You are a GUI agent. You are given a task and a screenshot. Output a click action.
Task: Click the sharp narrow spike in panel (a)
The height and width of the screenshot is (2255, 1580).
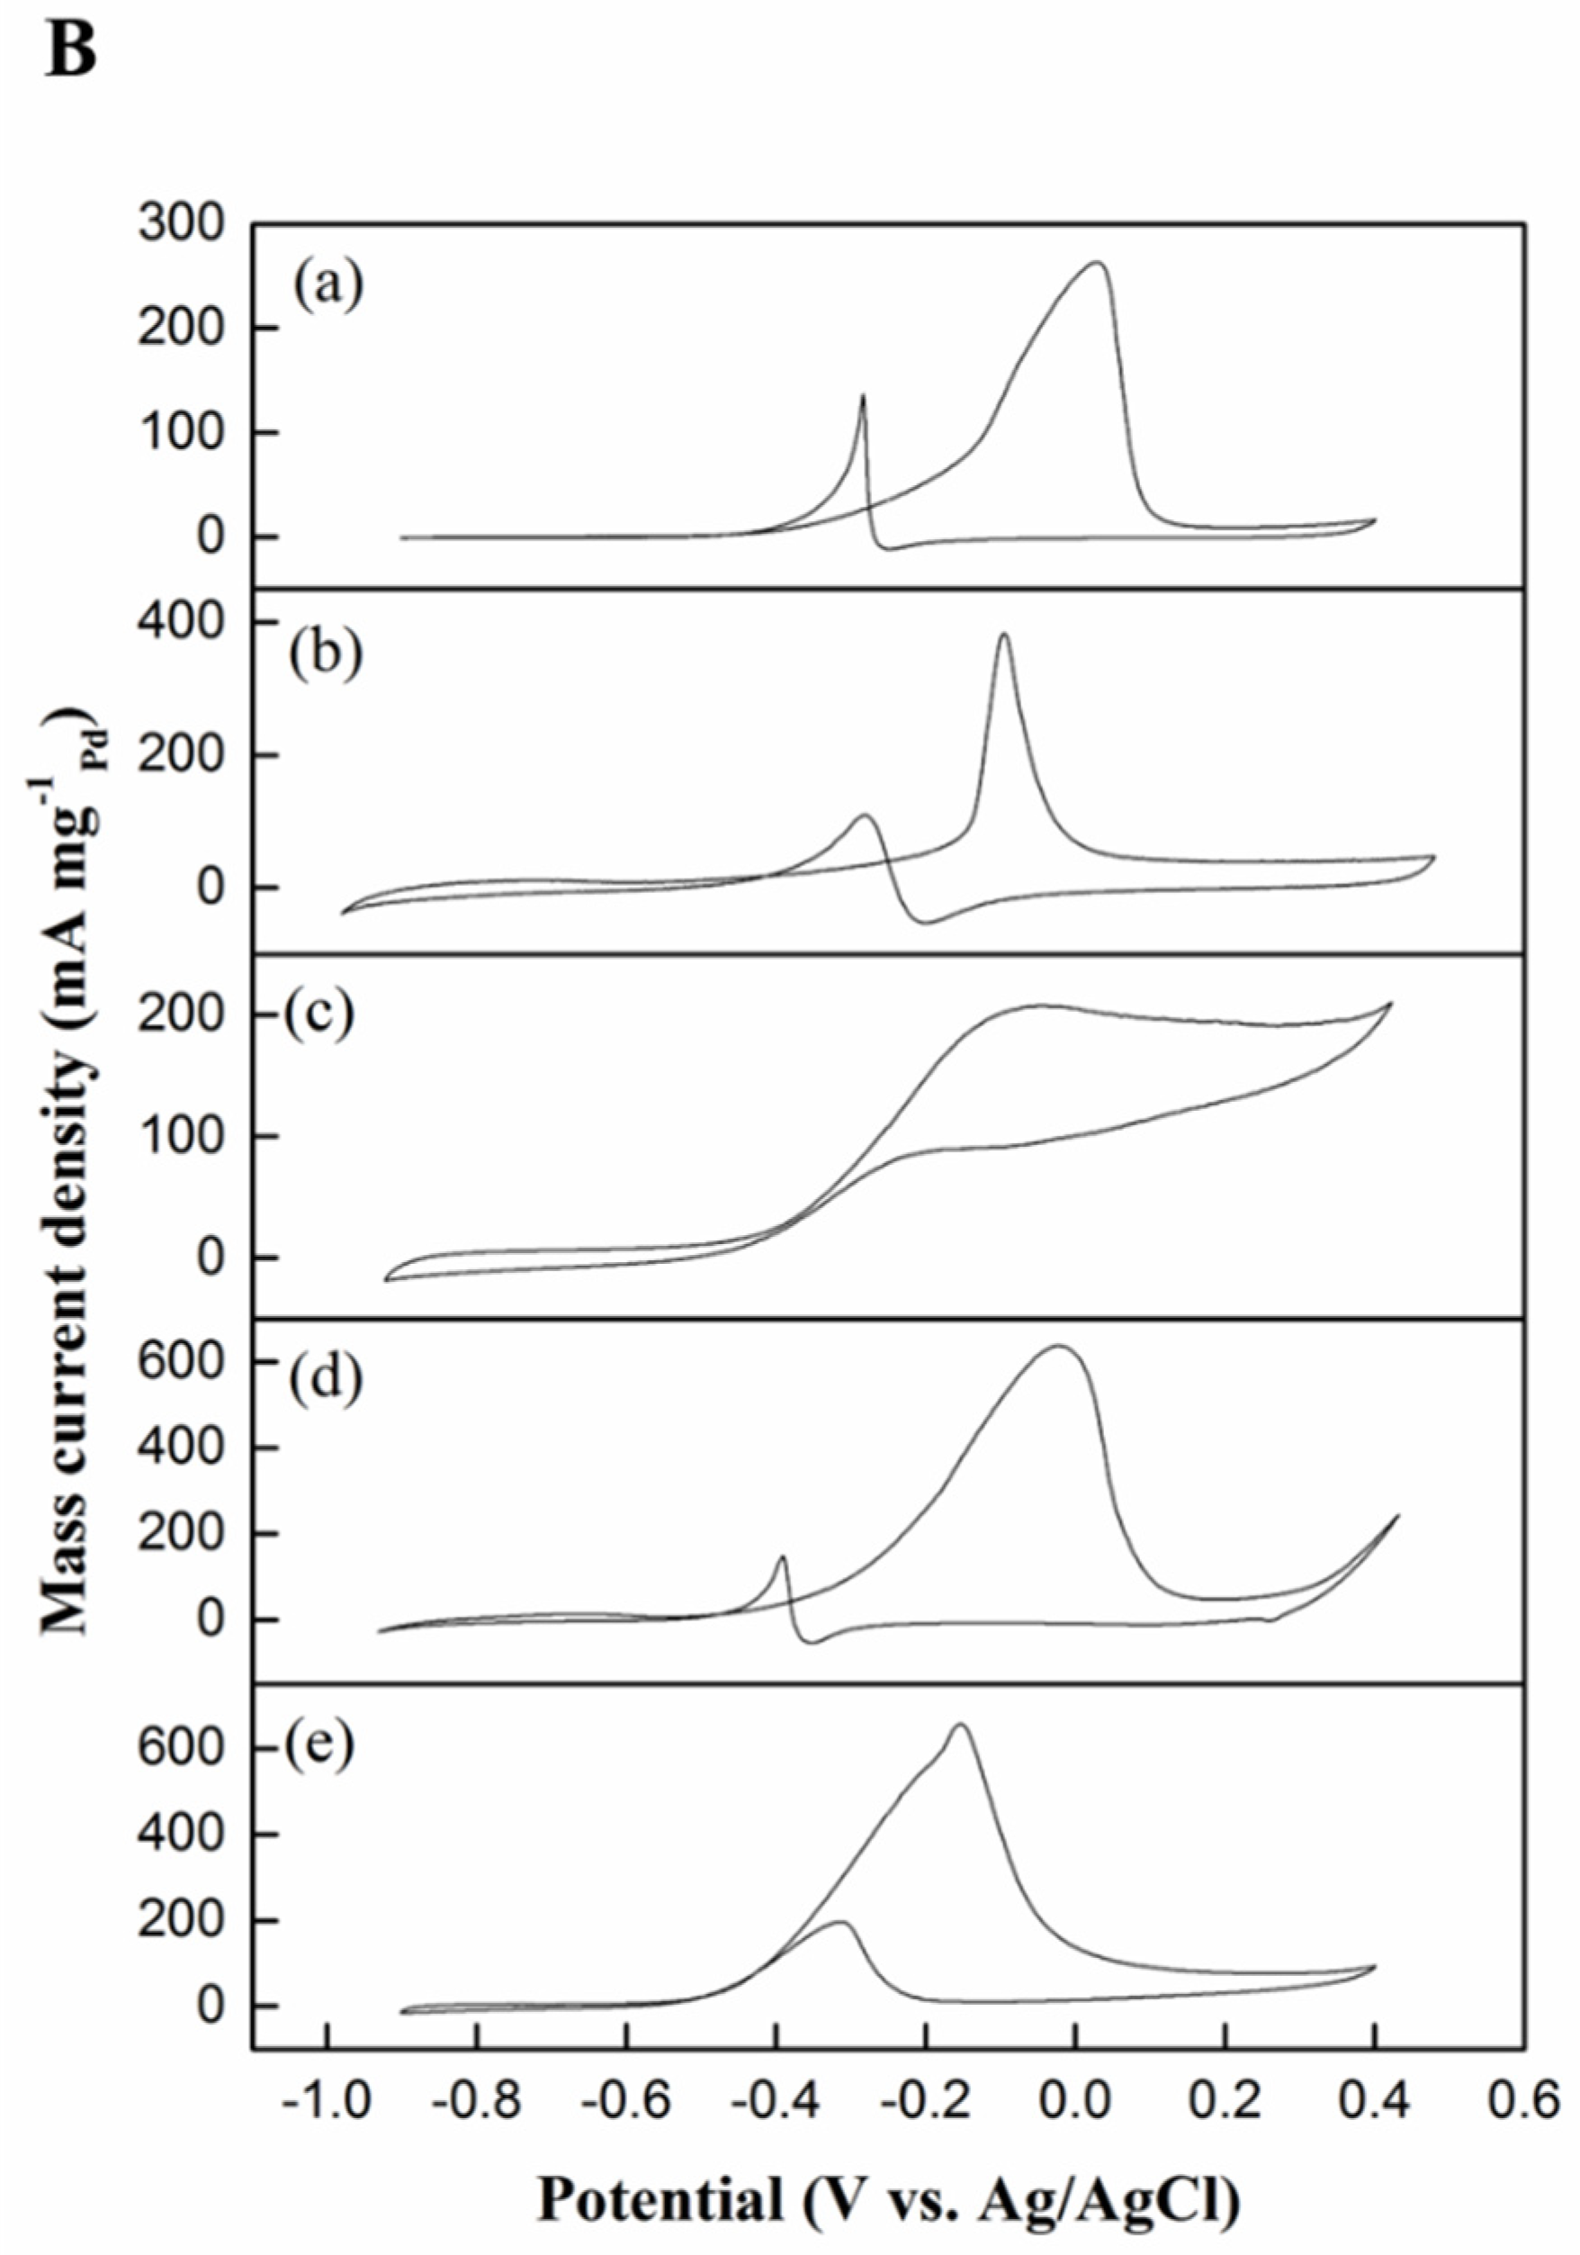(862, 396)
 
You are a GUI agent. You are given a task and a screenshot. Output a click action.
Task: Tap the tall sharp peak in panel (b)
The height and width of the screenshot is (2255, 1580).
(1002, 635)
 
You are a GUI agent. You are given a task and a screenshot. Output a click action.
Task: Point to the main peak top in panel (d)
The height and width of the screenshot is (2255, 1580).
(1057, 1347)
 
